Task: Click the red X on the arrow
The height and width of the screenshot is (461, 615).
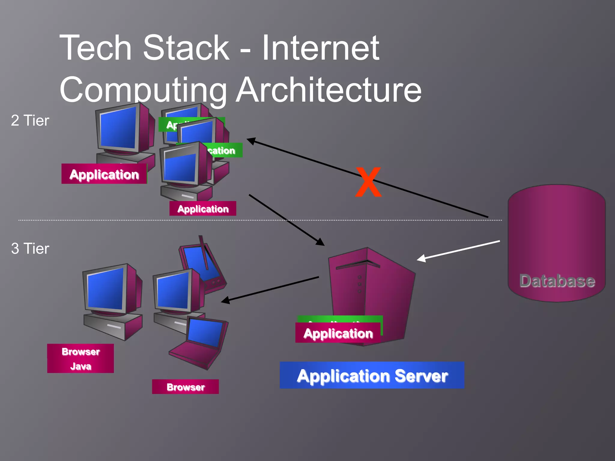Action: tap(368, 182)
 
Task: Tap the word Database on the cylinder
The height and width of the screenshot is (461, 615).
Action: tap(557, 281)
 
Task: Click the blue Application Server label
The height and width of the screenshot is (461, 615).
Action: tap(372, 375)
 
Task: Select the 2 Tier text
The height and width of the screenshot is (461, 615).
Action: tap(30, 121)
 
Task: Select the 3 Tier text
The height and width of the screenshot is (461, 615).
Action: tap(30, 249)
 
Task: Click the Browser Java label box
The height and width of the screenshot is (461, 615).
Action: tap(80, 358)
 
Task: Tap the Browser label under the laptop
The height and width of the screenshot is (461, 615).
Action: tap(185, 387)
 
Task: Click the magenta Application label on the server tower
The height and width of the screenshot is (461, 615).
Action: tap(338, 333)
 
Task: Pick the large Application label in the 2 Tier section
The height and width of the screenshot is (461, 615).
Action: tap(104, 174)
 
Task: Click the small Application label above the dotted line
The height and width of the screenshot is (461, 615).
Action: tap(203, 209)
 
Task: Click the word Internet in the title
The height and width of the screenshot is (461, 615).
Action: tap(320, 48)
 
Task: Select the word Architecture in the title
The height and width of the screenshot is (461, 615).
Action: tap(329, 90)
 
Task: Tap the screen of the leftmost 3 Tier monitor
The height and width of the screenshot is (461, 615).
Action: tap(105, 289)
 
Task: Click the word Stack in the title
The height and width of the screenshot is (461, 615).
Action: tap(186, 48)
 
